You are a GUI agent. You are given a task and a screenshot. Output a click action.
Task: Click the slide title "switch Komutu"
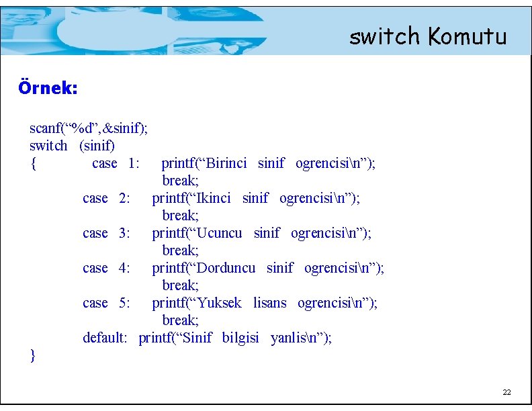pos(427,36)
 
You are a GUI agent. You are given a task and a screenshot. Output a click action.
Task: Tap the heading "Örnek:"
pos(48,88)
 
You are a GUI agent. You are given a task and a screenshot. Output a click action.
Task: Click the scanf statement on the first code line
pos(89,128)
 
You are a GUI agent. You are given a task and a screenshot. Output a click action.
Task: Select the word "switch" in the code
pos(48,145)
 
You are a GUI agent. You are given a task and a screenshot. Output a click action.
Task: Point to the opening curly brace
pos(33,163)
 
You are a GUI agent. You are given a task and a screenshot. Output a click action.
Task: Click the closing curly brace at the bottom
pos(33,355)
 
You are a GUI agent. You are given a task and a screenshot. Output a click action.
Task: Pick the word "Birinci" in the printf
pos(226,163)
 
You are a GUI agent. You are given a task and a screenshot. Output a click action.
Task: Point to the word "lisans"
pos(269,303)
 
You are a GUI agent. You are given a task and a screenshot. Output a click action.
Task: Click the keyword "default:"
pos(105,338)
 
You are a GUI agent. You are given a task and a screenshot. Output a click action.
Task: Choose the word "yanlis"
pos(288,338)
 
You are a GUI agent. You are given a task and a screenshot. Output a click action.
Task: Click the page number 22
pos(507,392)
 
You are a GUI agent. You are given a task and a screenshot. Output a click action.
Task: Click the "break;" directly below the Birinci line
pos(180,181)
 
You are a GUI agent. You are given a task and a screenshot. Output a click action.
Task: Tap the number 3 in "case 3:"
pos(124,233)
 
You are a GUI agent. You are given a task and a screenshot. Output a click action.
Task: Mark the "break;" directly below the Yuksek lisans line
pos(180,320)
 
